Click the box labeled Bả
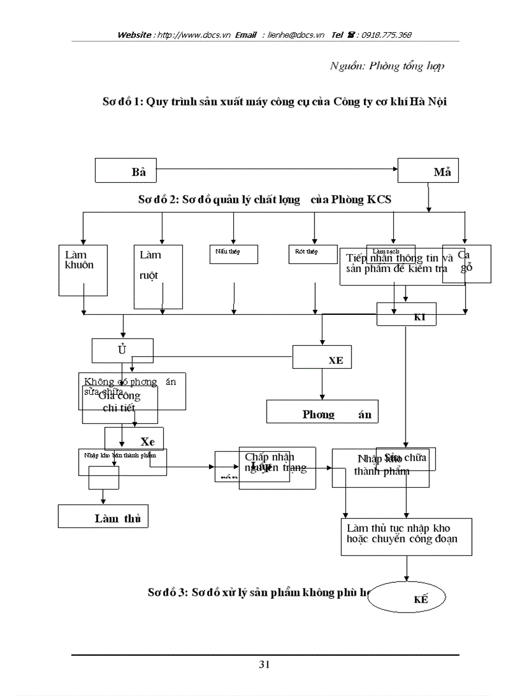[125, 170]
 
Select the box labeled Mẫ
[428, 170]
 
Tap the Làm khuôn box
[83, 270]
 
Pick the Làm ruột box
[158, 276]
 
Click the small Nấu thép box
[233, 254]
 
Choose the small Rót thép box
[313, 254]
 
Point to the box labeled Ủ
[122, 350]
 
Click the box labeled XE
[322, 357]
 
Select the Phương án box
[322, 412]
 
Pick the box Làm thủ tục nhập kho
[407, 536]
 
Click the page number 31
[264, 665]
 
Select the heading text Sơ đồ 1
[123, 102]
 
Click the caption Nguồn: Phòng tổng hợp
[386, 66]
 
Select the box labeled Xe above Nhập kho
[134, 438]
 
